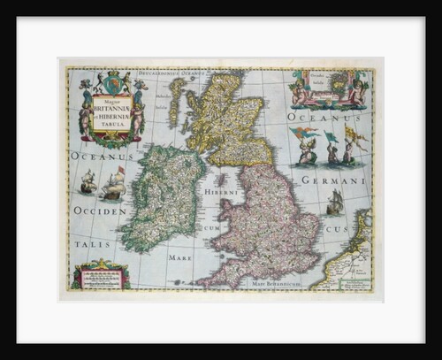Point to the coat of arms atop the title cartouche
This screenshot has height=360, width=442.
click(111, 84)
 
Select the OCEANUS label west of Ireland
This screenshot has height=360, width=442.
click(101, 156)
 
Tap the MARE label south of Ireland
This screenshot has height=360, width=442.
click(179, 258)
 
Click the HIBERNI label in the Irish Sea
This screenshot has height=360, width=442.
click(217, 192)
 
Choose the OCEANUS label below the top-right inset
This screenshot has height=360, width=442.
click(328, 116)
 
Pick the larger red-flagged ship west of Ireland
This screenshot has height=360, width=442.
click(114, 185)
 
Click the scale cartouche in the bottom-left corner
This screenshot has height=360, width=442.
click(102, 276)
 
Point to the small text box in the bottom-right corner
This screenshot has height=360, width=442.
click(351, 281)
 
